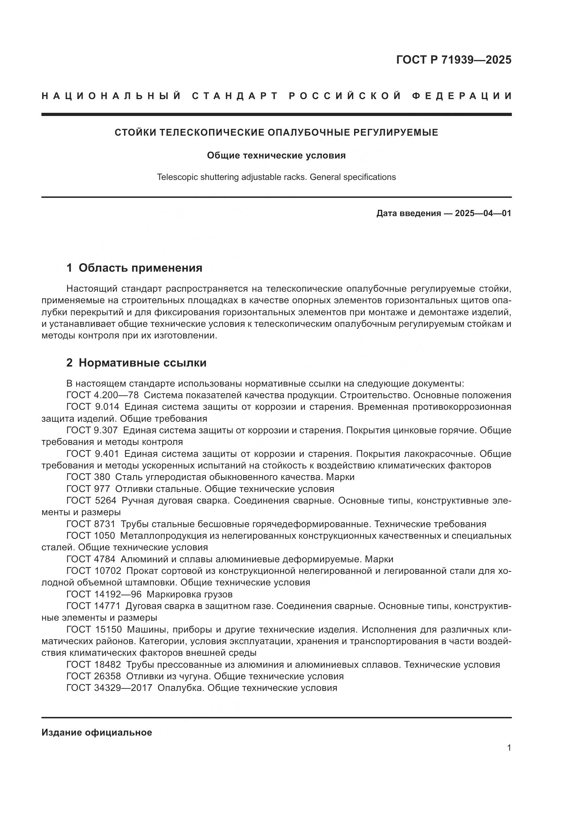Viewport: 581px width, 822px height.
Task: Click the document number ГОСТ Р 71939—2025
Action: (453, 60)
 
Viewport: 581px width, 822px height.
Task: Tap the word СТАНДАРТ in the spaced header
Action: (235, 96)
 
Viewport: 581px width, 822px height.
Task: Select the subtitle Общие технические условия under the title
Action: (276, 155)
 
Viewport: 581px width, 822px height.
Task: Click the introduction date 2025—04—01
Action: (483, 213)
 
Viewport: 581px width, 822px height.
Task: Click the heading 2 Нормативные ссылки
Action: (136, 363)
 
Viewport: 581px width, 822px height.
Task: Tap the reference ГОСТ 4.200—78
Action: (102, 395)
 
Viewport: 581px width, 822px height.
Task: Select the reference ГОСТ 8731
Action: (91, 524)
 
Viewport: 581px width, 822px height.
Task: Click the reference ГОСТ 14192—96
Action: (104, 594)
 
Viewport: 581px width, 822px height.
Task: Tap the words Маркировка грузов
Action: (189, 594)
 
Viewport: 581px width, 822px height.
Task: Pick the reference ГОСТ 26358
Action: (94, 676)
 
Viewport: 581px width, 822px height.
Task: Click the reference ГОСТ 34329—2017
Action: (109, 688)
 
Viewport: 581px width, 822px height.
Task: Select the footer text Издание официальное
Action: (97, 732)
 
